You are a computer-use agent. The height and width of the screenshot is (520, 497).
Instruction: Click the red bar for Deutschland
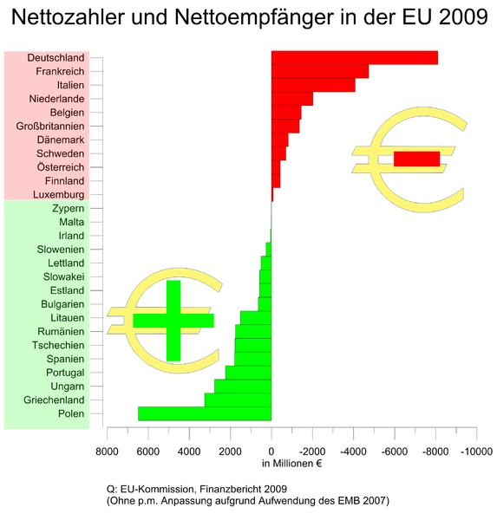click(x=355, y=58)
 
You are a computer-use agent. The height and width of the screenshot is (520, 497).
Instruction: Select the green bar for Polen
click(x=205, y=413)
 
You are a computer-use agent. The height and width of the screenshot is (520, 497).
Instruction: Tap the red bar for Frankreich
click(x=320, y=72)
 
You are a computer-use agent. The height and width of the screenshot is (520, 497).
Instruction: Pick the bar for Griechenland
click(x=238, y=400)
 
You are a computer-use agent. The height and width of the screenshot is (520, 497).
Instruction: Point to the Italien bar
click(x=313, y=85)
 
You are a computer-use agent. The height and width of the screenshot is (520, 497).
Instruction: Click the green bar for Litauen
click(x=256, y=318)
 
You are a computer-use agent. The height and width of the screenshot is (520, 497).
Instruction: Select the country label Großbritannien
click(x=50, y=127)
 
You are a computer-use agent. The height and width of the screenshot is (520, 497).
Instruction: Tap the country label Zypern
click(x=68, y=209)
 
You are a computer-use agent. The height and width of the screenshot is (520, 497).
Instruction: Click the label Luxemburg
click(x=59, y=195)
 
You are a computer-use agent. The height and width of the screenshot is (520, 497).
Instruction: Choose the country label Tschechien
click(x=58, y=345)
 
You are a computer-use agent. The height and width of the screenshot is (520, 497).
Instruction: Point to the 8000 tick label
click(x=107, y=452)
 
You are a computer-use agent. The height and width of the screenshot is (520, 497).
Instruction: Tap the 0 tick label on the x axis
click(x=271, y=452)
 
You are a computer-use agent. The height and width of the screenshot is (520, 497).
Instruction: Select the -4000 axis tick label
click(x=354, y=452)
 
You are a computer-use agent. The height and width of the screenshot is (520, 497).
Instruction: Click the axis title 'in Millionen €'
click(x=291, y=464)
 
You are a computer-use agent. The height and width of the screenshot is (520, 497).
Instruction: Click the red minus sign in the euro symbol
click(x=417, y=159)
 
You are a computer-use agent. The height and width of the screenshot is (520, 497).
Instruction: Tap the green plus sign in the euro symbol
click(x=173, y=321)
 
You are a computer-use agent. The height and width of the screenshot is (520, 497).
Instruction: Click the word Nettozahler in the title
click(x=69, y=16)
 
